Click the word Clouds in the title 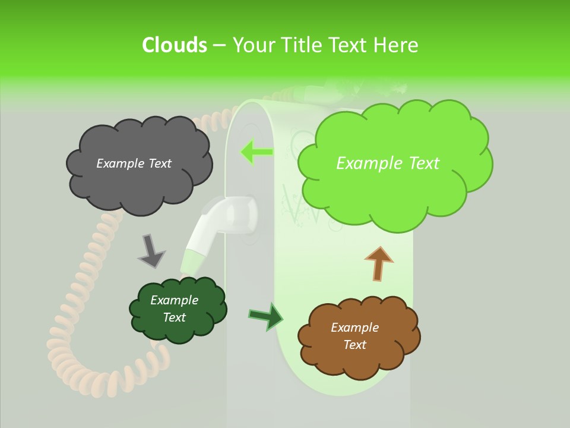click(174, 45)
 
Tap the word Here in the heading click(397, 45)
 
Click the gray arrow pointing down click(151, 250)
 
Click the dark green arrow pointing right click(266, 316)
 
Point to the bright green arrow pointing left click(256, 152)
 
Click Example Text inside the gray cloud click(134, 163)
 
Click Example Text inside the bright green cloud click(388, 163)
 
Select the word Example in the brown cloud click(354, 328)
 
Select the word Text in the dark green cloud click(175, 317)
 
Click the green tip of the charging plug click(193, 262)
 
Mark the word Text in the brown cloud click(354, 345)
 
